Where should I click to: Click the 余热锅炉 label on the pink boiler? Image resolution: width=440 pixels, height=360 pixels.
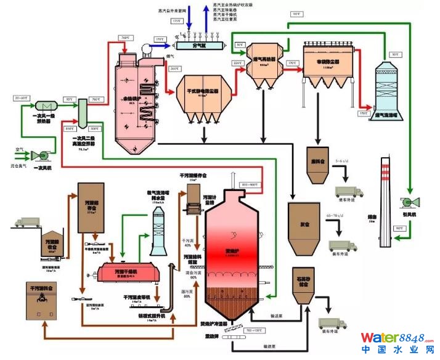pos(131,99)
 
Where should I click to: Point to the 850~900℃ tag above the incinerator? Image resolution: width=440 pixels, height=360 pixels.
pos(252,184)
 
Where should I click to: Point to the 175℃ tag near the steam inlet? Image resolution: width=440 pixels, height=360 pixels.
pos(177,21)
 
